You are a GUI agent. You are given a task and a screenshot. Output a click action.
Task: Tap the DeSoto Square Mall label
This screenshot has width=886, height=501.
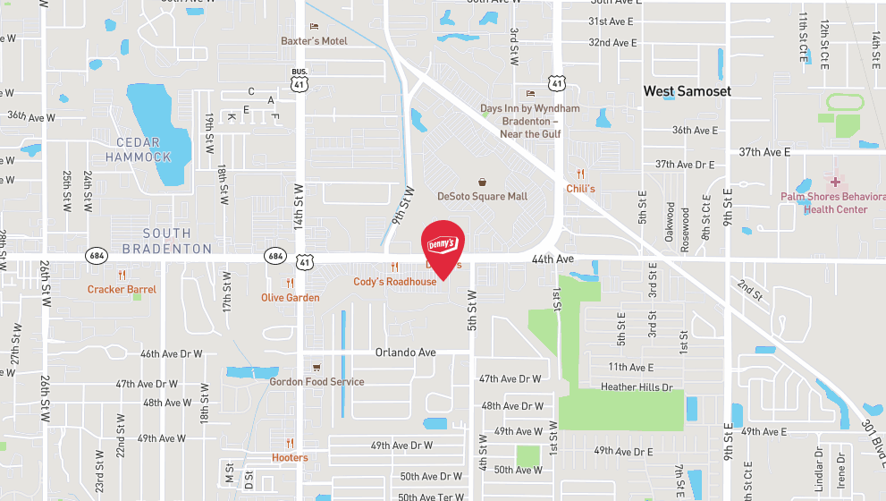tap(482, 196)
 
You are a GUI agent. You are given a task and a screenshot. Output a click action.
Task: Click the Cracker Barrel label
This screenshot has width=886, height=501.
tap(122, 289)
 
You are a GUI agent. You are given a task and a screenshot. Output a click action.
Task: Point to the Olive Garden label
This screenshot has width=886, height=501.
tap(290, 297)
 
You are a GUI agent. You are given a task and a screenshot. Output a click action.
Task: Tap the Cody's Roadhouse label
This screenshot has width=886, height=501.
tap(394, 282)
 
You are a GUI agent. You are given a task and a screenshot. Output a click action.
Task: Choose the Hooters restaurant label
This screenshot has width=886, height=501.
tap(290, 457)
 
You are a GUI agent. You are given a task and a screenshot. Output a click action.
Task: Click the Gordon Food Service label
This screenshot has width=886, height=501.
tap(316, 382)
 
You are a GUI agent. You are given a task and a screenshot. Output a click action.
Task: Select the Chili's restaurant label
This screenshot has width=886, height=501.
tap(580, 189)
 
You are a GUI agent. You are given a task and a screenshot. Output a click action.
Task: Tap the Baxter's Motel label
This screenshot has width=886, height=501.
tap(313, 41)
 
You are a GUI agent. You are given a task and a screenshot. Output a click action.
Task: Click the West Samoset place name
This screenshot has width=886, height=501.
tap(687, 91)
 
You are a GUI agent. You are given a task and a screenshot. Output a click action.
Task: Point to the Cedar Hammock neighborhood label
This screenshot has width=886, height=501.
tap(138, 149)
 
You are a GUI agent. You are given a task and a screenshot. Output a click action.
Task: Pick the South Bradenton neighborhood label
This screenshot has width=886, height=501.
tap(166, 241)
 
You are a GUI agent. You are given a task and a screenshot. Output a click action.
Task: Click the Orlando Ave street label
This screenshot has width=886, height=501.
tap(405, 352)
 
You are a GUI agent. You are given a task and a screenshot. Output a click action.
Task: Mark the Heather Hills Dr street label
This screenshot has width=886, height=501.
tap(637, 386)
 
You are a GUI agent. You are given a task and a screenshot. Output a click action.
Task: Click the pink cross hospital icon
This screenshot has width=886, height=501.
tap(836, 182)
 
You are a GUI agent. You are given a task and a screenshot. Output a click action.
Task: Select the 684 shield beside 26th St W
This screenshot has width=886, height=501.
tap(96, 256)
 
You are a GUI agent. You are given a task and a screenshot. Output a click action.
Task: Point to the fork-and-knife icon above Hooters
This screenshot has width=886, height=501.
tap(290, 444)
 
